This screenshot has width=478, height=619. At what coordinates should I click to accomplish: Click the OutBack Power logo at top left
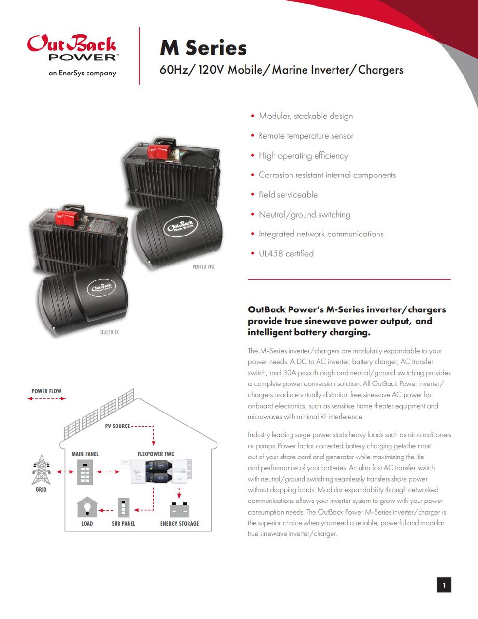pos(72,49)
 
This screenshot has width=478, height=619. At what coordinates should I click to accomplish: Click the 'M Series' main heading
pos(203,48)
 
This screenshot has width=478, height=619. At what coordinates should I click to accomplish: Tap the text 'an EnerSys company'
pos(82,74)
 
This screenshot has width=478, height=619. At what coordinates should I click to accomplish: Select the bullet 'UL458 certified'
pos(286,253)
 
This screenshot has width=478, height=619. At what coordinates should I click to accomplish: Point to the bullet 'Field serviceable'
pos(288,194)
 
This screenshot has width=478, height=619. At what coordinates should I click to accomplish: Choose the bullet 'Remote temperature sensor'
pos(305,136)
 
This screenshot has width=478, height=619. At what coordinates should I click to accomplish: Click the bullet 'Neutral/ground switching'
pos(304,214)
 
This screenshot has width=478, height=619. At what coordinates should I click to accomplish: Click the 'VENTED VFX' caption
pos(203,267)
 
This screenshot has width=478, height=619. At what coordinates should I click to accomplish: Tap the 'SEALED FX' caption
pos(109,332)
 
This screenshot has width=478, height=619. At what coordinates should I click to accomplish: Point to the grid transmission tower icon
pos(41,470)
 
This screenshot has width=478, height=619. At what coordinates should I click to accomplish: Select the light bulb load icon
pos(87,508)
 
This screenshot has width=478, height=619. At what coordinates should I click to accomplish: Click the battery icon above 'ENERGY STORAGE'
pos(179,510)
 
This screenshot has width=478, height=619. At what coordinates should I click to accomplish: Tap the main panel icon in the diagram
pos(85,472)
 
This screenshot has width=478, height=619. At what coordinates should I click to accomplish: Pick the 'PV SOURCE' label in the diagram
pos(117,426)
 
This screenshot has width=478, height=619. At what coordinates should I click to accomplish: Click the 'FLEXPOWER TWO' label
pos(156,454)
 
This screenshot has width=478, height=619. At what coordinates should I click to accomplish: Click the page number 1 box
pos(444,585)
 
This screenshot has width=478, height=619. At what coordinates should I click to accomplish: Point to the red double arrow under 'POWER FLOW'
pos(46,398)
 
